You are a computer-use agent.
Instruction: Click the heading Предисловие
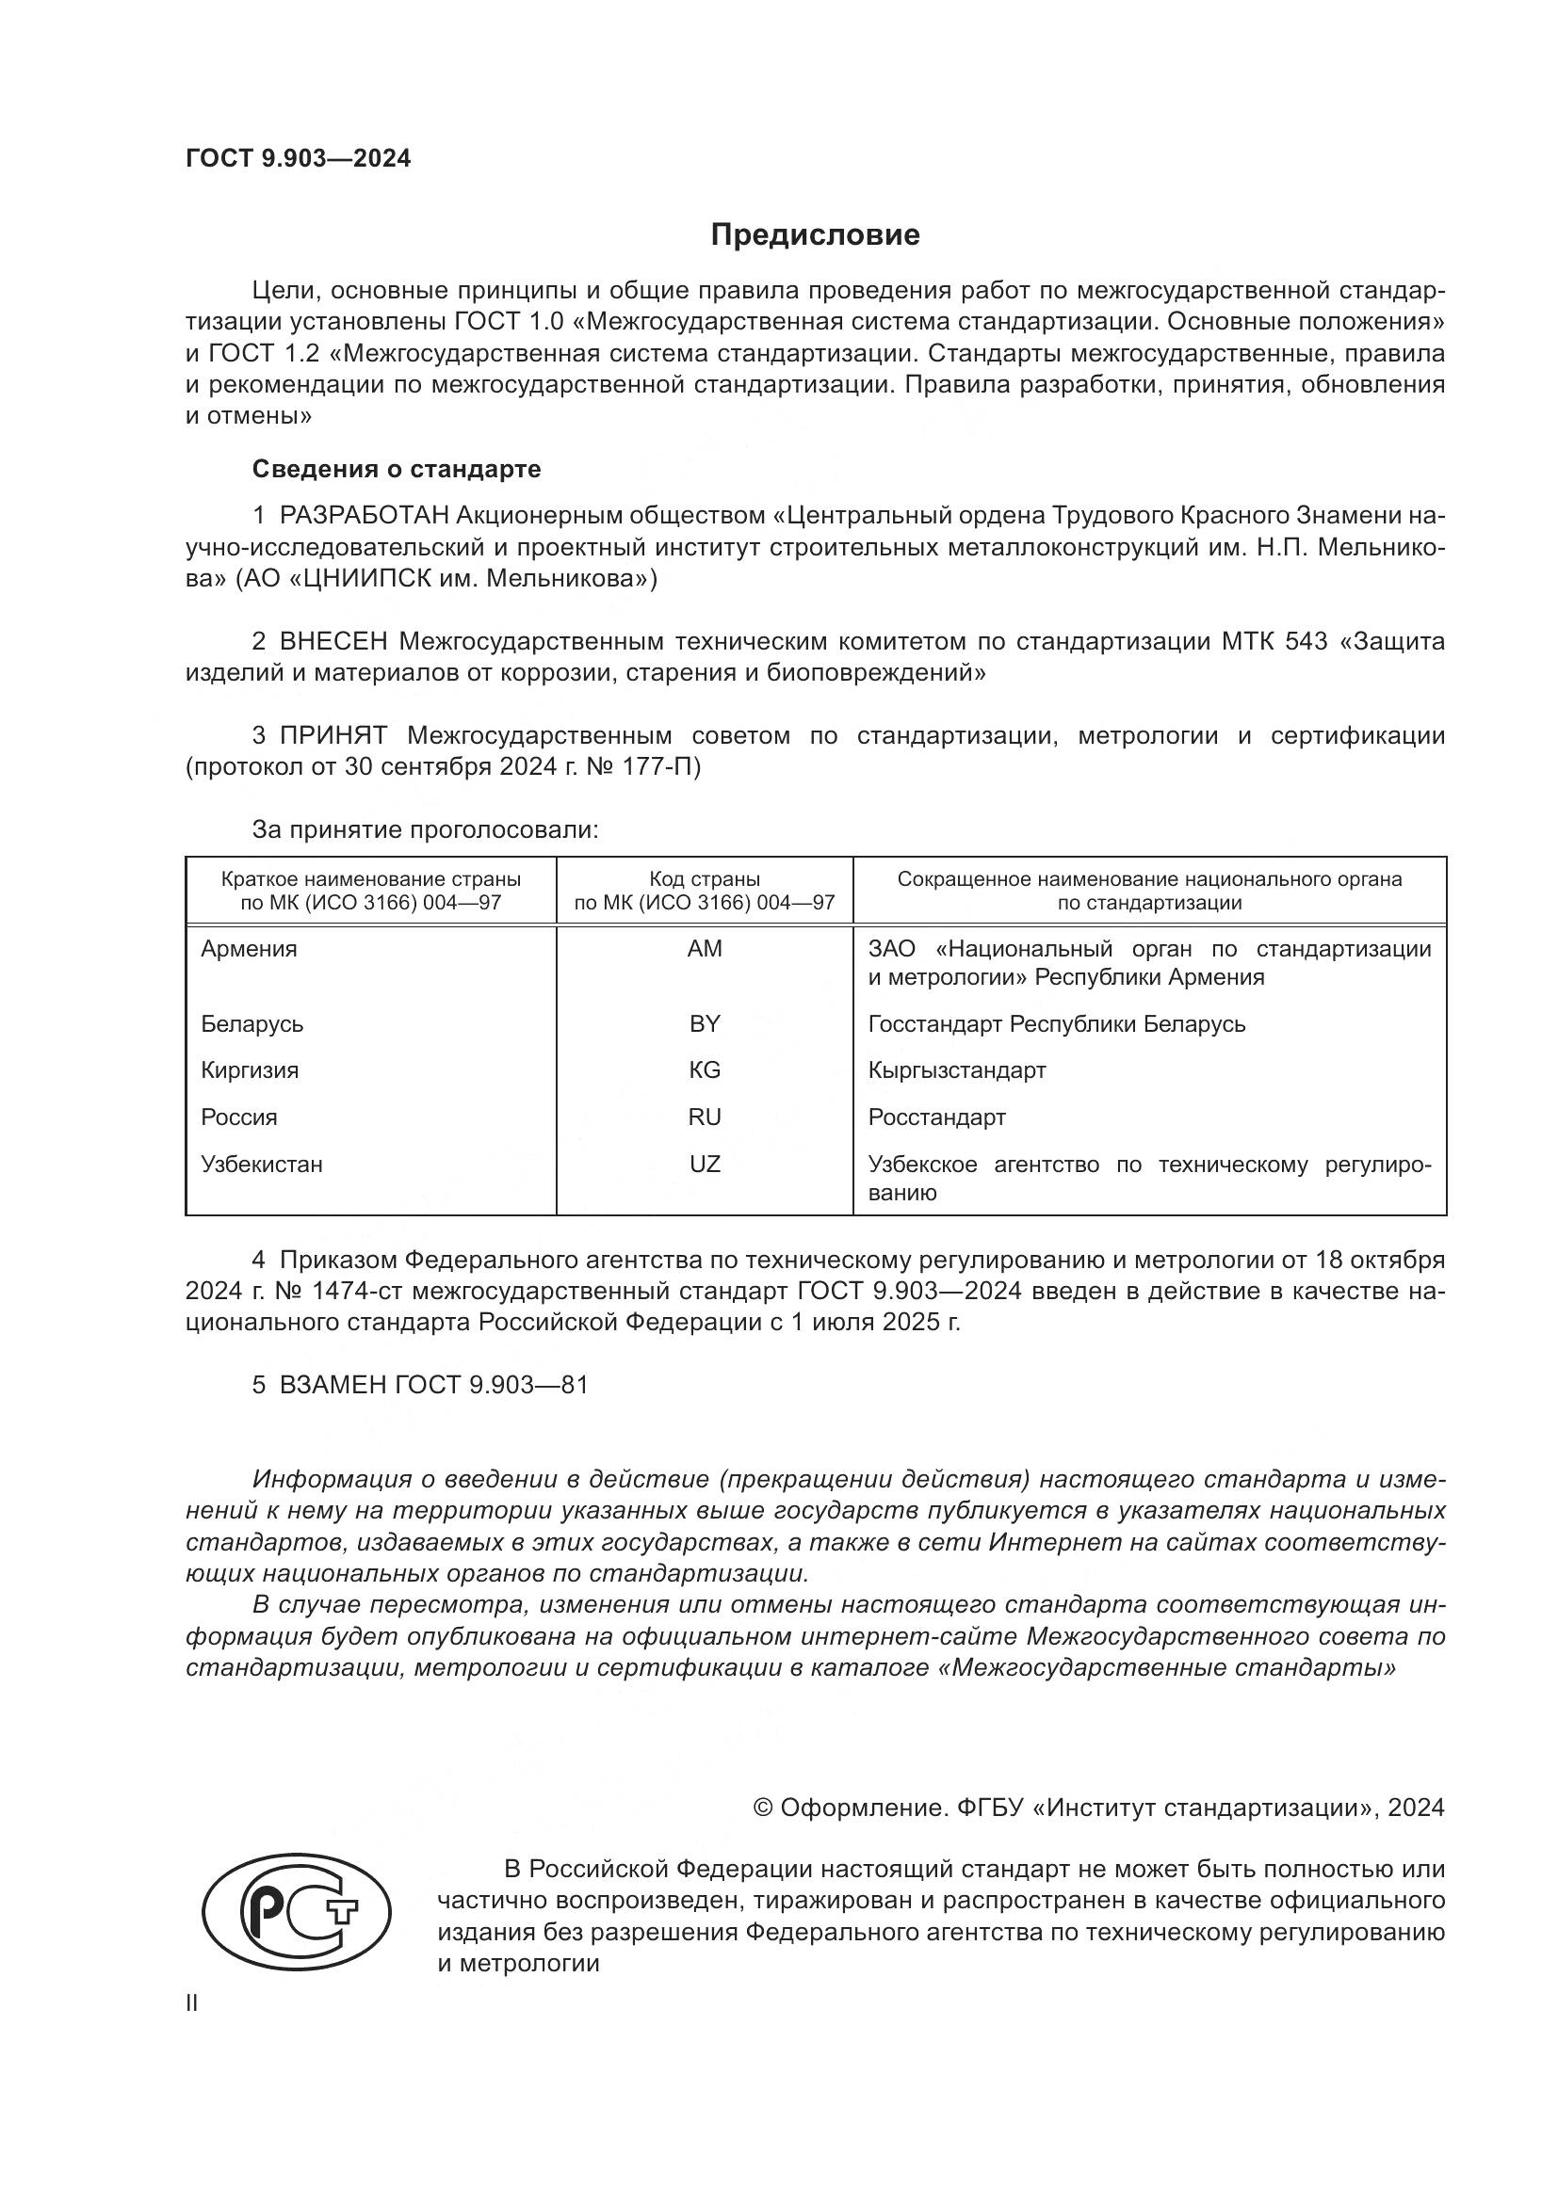(815, 235)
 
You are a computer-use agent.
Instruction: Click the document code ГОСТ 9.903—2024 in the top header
(298, 159)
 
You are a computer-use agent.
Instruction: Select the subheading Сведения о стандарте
(397, 469)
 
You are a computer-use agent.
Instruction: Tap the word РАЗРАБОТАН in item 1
(364, 516)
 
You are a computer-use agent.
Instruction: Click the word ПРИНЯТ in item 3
(333, 735)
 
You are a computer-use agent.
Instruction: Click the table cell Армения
(250, 949)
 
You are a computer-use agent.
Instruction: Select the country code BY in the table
(705, 1023)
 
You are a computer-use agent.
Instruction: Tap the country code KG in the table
(705, 1070)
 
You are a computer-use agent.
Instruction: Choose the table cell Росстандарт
(936, 1117)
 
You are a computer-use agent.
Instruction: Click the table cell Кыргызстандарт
(956, 1070)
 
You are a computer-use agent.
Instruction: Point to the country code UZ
(705, 1165)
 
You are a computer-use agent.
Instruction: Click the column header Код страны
(705, 879)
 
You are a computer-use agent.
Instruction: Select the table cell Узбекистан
(262, 1165)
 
